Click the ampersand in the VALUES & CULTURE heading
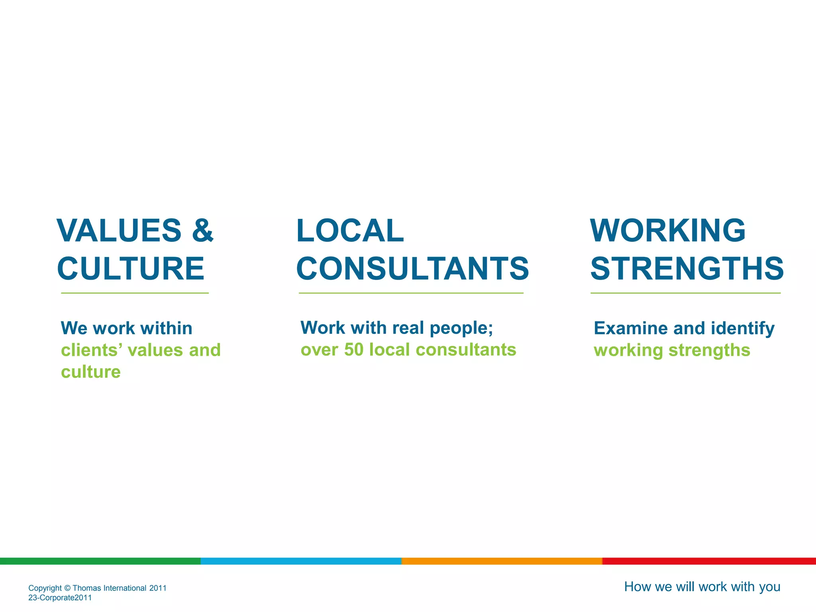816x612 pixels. coord(203,230)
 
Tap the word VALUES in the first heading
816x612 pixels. coord(119,230)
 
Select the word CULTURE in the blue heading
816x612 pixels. coord(131,269)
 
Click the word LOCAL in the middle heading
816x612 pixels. coord(350,230)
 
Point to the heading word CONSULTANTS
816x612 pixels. coord(412,269)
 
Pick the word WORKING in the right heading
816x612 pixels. coord(667,230)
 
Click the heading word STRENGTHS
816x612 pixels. coord(687,269)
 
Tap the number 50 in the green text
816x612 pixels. coord(354,350)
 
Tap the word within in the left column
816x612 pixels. coord(166,328)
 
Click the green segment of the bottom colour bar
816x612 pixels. coord(100,561)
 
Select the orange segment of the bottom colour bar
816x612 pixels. coord(502,561)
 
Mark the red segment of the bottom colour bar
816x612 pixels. coord(709,561)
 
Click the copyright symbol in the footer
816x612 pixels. coord(67,588)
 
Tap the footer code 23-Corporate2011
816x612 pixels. coord(60,598)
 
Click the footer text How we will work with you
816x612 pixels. coord(702,587)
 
